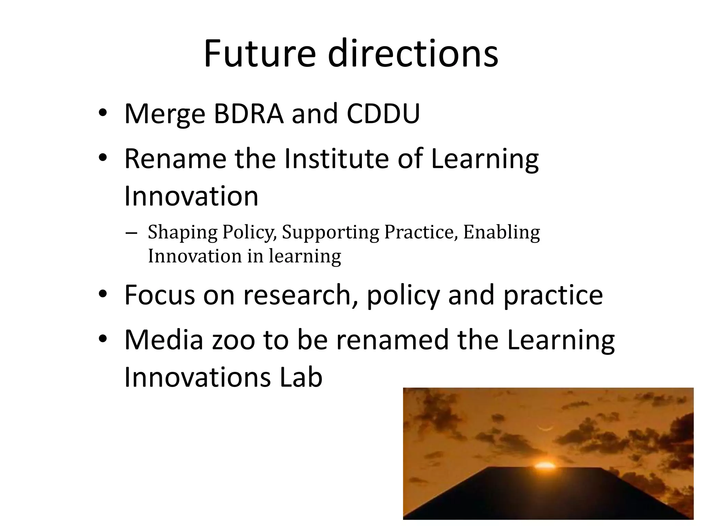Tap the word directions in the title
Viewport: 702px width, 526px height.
pos(413,54)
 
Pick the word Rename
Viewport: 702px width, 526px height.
pos(175,159)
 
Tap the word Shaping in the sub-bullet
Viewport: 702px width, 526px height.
pos(183,233)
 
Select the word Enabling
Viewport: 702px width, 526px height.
pos(501,233)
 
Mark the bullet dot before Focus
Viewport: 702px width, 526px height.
pos(102,295)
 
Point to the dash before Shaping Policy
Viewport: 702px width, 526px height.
pos(131,233)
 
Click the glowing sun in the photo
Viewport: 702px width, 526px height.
pos(545,465)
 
